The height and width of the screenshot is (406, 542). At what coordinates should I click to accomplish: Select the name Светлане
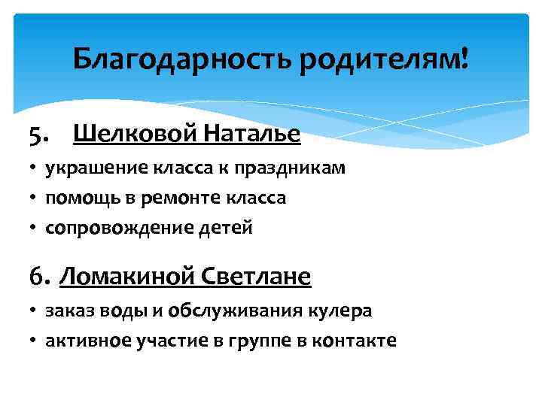[256, 277]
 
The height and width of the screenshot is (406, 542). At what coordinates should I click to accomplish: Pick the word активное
[88, 341]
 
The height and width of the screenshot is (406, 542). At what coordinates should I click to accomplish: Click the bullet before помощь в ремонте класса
[35, 199]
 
